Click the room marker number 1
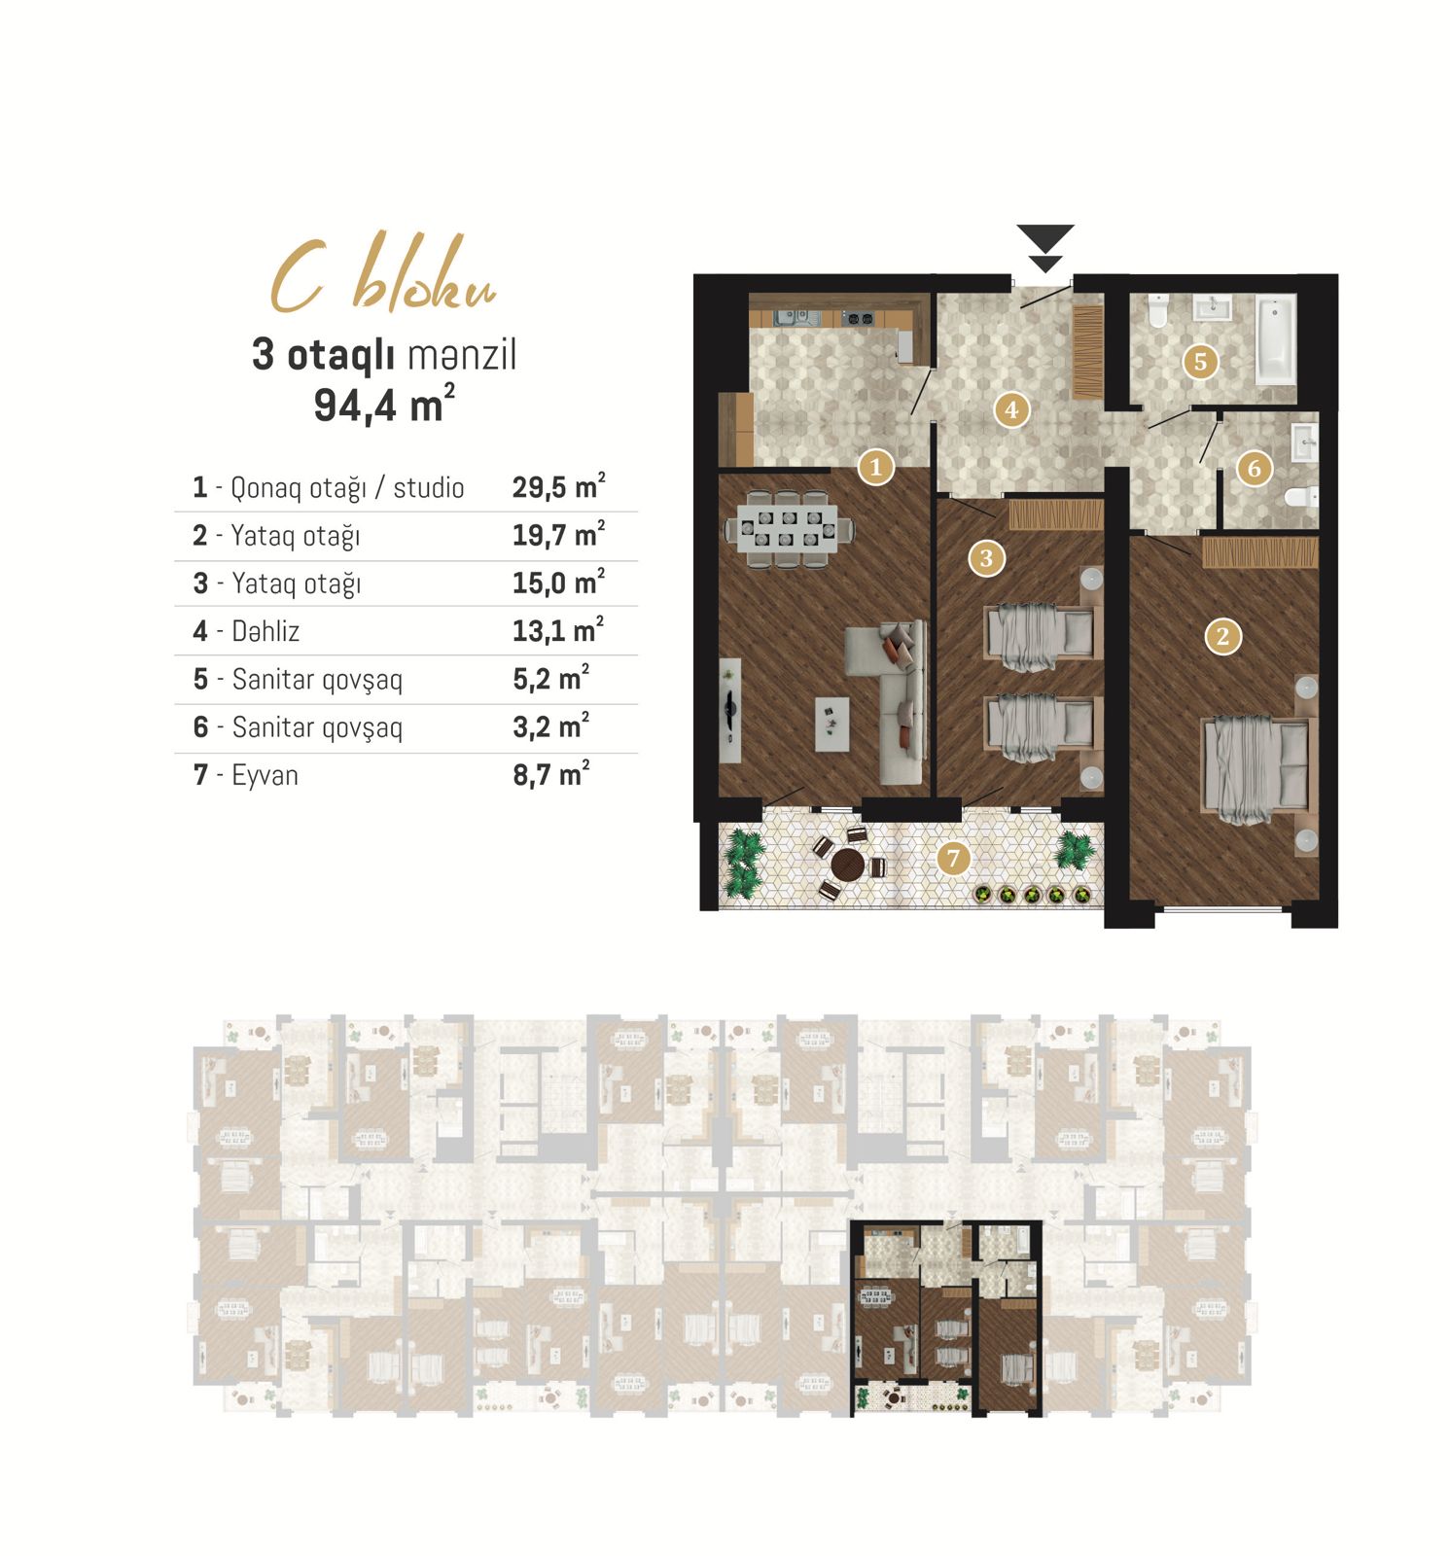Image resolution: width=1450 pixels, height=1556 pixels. (x=875, y=467)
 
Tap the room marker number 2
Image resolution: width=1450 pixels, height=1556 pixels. (x=1222, y=637)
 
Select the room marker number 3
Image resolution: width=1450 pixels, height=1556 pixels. (x=986, y=558)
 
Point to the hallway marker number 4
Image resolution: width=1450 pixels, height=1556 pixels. (x=1011, y=409)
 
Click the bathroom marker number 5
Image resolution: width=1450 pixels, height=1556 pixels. (x=1200, y=362)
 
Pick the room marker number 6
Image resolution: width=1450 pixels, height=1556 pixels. (x=1254, y=469)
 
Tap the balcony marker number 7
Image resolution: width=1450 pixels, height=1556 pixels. (x=953, y=858)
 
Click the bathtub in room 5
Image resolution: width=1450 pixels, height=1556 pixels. (x=1275, y=339)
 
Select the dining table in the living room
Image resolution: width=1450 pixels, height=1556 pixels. (x=788, y=528)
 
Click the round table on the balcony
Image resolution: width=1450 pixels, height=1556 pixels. (x=848, y=864)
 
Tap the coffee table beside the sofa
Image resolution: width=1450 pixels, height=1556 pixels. (x=831, y=725)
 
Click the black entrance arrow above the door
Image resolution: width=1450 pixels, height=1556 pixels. (x=1045, y=248)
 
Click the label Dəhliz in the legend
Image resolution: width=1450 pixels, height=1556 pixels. (x=265, y=631)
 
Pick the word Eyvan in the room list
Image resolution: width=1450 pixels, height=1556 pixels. (x=265, y=775)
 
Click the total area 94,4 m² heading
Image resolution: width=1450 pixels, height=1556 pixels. (x=384, y=404)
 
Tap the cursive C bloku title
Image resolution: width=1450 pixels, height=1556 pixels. (x=383, y=275)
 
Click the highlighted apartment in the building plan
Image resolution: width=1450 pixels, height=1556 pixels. (x=946, y=1318)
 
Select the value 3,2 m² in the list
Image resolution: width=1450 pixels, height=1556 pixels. (x=551, y=726)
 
